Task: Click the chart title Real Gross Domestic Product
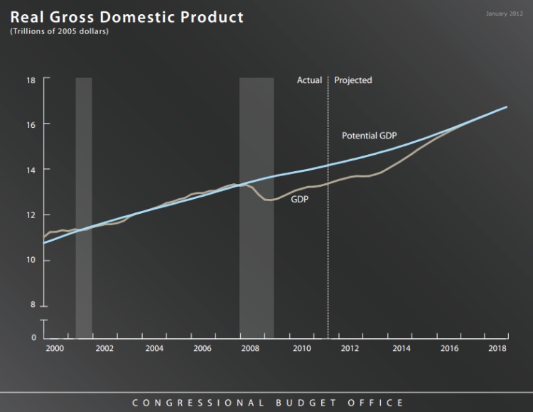tap(126, 17)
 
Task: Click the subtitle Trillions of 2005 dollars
tap(59, 32)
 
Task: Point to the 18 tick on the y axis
tap(31, 80)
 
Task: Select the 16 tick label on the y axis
tap(31, 124)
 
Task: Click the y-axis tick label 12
tap(31, 215)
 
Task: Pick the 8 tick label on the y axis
tap(33, 305)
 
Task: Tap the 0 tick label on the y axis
tap(33, 337)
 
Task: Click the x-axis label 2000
tap(55, 349)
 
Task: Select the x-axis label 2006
tap(203, 349)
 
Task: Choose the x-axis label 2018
tap(497, 349)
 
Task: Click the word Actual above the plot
tap(309, 80)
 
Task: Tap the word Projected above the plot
tap(353, 80)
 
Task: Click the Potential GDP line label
tap(369, 135)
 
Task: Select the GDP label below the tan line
tap(299, 200)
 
